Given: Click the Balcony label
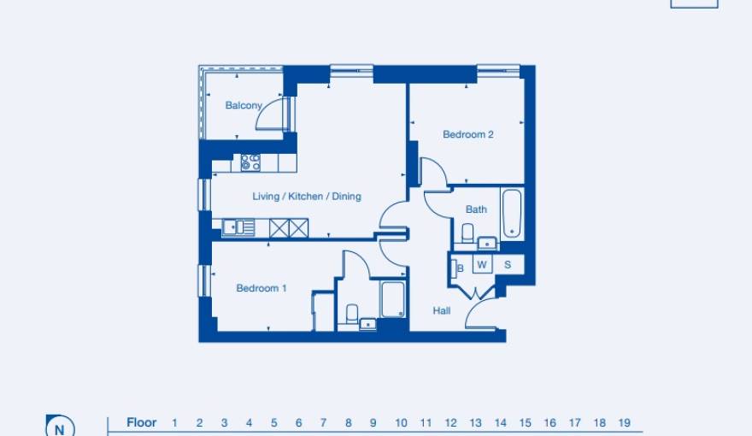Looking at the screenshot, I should coord(244,106).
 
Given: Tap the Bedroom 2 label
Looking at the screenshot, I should coord(467,134).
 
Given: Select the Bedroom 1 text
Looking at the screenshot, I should coord(261,289).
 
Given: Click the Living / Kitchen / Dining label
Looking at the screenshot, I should coord(306,197).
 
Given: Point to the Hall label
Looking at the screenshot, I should coord(441,311).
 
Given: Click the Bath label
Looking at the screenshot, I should coord(476,209).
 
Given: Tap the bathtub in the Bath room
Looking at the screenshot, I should coord(512,213).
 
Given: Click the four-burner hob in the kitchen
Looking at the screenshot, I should coord(250,162).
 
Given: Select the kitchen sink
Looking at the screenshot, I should coord(238,227).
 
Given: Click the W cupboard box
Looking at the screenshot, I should coord(482,265).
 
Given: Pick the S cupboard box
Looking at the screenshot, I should coord(508,265).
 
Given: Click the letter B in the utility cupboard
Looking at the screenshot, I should coord(461,268).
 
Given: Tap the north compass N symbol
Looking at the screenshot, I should coord(59,427).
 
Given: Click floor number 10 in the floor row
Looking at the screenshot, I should coord(401,422).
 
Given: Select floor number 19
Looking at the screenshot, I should coord(625,422).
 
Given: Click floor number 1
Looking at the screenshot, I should coord(174,422).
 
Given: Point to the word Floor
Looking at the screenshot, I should coord(141,422).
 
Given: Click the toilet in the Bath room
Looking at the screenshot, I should coord(467,233).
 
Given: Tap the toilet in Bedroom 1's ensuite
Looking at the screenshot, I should coord(352,314).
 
